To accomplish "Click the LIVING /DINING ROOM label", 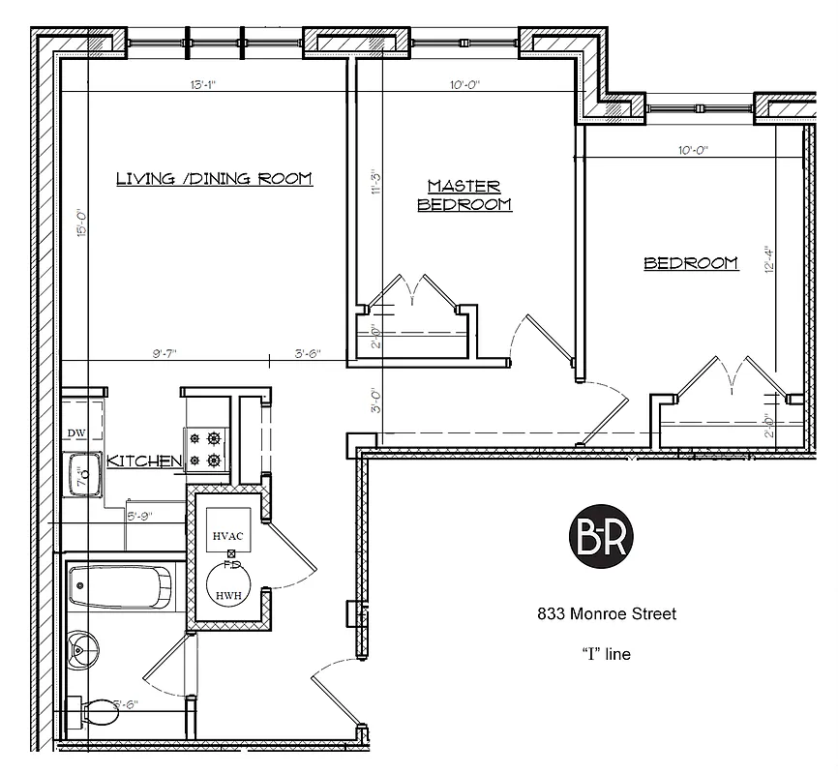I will point(214,178).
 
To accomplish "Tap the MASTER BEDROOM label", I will point(464,194).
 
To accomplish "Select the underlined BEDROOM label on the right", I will point(691,263).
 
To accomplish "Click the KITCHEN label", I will point(145,461).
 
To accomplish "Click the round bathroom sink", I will point(83,647).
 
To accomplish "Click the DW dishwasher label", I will point(76,433).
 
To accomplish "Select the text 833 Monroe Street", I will point(607,613).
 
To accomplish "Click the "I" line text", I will point(606,654).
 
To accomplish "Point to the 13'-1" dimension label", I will point(202,85).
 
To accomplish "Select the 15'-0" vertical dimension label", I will point(83,224).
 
